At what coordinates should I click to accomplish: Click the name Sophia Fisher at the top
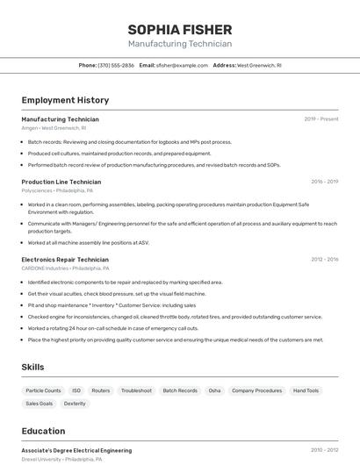tap(180, 29)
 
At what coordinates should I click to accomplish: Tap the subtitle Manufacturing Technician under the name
tap(180, 44)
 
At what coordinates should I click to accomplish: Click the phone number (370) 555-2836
tap(116, 65)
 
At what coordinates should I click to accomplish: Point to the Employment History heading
tap(65, 100)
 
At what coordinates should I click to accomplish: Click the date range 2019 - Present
tap(321, 119)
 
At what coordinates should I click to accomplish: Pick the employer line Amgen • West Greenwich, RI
tap(54, 128)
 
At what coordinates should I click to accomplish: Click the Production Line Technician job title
tap(61, 182)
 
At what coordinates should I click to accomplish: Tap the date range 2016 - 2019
tap(324, 182)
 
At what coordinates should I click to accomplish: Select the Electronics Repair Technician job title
tap(65, 260)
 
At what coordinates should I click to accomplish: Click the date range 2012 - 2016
tap(324, 260)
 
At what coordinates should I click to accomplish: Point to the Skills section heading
tap(32, 367)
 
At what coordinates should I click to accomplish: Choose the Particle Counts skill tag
tap(43, 390)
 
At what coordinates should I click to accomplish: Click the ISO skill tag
tap(76, 390)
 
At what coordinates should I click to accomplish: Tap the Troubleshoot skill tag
tap(136, 390)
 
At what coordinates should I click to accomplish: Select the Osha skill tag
tap(214, 390)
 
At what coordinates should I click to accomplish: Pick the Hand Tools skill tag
tap(306, 390)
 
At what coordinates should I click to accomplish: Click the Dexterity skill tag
tap(75, 404)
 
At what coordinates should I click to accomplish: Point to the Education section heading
tap(43, 431)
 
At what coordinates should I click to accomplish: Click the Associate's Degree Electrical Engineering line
tap(76, 450)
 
